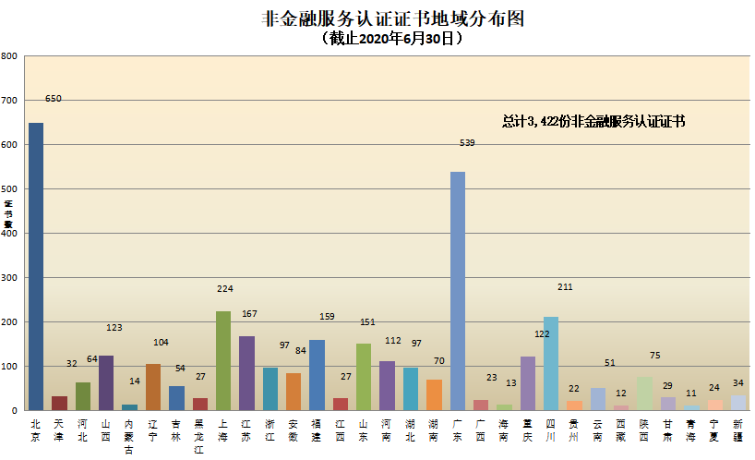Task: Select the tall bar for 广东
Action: [x=457, y=291]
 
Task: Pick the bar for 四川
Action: [x=551, y=363]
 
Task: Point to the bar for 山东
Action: [x=364, y=377]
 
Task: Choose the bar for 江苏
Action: [x=246, y=373]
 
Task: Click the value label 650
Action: [x=54, y=99]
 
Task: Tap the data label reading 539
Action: [x=467, y=143]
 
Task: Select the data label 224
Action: [x=225, y=288]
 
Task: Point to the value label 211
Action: [x=565, y=287]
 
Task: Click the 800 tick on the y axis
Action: [x=9, y=56]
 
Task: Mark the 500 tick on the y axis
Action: [x=9, y=189]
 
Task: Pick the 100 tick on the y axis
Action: [x=9, y=367]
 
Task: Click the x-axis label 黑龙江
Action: [x=199, y=436]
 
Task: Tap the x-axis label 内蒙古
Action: [x=129, y=436]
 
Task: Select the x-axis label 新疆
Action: [x=737, y=430]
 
